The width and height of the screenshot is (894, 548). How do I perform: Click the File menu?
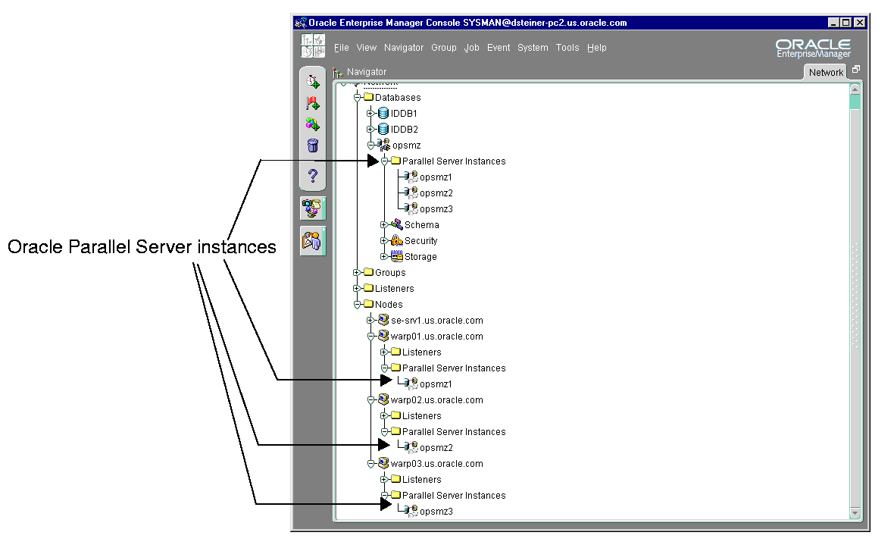[341, 48]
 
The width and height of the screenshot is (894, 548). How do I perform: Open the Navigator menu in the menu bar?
[404, 48]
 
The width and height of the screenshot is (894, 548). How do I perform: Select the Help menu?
[596, 48]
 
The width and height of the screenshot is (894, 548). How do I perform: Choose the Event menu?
[499, 48]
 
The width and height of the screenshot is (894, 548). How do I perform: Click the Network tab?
[826, 73]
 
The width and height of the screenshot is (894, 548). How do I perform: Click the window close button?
[860, 23]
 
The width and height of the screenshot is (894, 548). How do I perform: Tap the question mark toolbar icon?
[312, 175]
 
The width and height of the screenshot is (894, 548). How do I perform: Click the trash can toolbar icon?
[312, 146]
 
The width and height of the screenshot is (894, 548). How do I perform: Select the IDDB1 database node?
[404, 114]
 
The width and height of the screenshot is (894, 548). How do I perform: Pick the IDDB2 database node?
[405, 130]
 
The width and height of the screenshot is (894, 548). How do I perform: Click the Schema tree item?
[421, 225]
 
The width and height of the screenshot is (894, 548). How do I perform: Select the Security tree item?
[420, 241]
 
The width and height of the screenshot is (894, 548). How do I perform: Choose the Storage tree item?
[420, 257]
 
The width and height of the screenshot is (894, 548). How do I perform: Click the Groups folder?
[390, 273]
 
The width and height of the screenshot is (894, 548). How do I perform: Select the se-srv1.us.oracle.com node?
[436, 321]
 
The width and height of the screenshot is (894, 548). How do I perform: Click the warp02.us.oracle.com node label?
[436, 400]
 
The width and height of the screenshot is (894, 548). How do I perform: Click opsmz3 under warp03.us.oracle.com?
[436, 512]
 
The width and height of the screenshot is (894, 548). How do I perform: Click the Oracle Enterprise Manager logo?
[813, 49]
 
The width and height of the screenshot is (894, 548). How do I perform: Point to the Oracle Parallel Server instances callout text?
[142, 247]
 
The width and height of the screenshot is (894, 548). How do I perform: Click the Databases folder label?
[398, 98]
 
